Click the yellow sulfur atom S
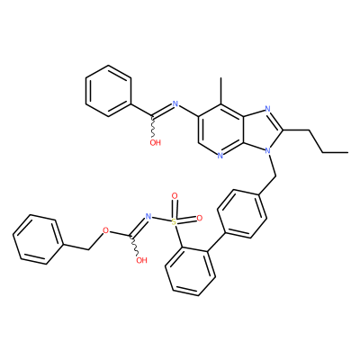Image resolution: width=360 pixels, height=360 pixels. pos(174,222)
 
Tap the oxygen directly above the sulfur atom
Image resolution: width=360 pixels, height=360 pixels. pos(175,196)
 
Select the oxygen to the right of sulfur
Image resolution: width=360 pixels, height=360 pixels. pos(200,219)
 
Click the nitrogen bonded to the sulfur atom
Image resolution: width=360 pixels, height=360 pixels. pos(148,216)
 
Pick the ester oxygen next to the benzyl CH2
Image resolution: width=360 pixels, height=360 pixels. pos(105,230)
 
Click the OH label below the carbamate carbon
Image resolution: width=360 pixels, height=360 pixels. pos(141,260)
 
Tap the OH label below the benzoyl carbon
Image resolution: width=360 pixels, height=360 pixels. pos(156,142)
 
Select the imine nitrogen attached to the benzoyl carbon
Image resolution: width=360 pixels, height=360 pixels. pos(175,104)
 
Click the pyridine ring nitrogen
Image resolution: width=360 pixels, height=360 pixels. pos(220,156)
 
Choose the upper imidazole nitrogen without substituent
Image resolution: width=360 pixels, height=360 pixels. pos(268,109)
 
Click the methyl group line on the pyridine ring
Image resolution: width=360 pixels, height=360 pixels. pos(221,91)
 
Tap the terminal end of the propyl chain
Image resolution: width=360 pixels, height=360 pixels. pos(348,152)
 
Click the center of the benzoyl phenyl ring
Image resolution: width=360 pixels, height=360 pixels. pos(109,91)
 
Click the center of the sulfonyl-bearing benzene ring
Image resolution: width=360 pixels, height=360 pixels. pos(190,270)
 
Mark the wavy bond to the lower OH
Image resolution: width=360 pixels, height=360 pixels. pos(134,245)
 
